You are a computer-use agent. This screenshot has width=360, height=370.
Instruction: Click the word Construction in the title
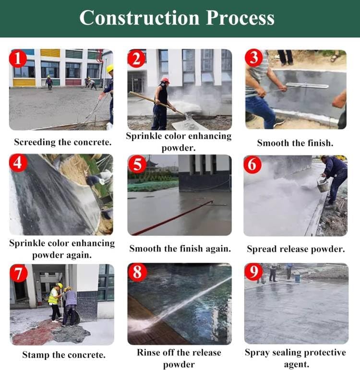pyautogui.click(x=140, y=18)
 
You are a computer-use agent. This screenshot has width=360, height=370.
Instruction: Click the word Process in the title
pyautogui.click(x=240, y=18)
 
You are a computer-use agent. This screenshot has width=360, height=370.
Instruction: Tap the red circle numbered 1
pyautogui.click(x=18, y=58)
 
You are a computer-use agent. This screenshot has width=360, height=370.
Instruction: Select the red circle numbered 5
pyautogui.click(x=137, y=164)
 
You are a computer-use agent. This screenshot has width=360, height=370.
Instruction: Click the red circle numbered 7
pyautogui.click(x=19, y=273)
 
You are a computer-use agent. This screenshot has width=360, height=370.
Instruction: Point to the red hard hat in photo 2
pyautogui.click(x=165, y=81)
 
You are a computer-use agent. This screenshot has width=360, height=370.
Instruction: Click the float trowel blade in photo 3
pyautogui.click(x=307, y=85)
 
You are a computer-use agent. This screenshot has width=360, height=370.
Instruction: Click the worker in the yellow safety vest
pyautogui.click(x=55, y=303)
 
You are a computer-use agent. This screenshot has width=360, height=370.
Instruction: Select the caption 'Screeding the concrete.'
pyautogui.click(x=62, y=142)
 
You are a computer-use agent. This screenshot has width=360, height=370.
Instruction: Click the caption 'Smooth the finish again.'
pyautogui.click(x=180, y=249)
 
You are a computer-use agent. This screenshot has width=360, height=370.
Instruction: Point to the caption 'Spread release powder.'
pyautogui.click(x=296, y=249)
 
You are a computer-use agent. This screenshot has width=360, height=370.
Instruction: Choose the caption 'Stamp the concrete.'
pyautogui.click(x=64, y=355)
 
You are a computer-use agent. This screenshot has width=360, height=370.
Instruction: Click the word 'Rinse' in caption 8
pyautogui.click(x=149, y=353)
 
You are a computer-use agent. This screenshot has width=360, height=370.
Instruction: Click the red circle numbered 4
pyautogui.click(x=18, y=163)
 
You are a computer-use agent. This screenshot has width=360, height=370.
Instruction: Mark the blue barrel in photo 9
pyautogui.click(x=298, y=277)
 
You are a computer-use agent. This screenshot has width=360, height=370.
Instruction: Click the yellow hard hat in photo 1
pyautogui.click(x=110, y=69)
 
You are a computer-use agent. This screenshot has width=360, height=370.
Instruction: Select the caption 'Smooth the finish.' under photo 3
pyautogui.click(x=295, y=143)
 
